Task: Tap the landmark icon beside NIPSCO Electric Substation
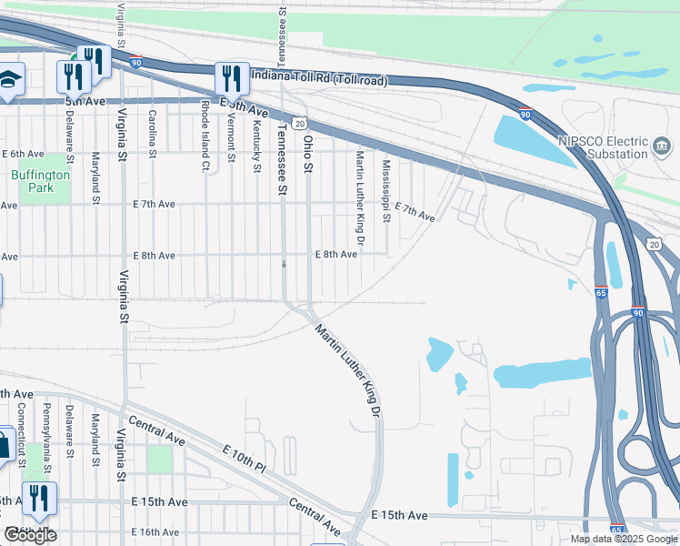click(x=661, y=145)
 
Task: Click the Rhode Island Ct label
click(x=205, y=136)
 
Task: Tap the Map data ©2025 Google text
click(x=623, y=539)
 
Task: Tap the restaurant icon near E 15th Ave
click(x=39, y=499)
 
